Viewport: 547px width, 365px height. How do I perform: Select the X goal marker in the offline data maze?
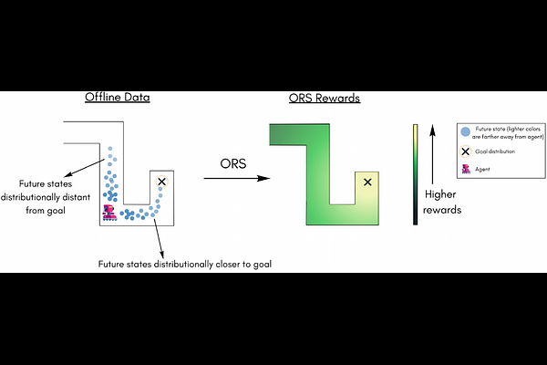click(162, 182)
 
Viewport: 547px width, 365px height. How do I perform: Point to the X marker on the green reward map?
click(367, 183)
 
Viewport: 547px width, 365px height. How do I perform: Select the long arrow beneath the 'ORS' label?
click(232, 178)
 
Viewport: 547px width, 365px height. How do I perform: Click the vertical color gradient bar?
click(416, 174)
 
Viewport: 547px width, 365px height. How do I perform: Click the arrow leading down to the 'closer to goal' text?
click(159, 238)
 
